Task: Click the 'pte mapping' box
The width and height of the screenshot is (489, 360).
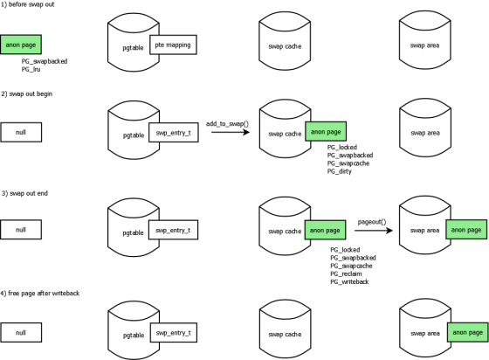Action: click(x=173, y=45)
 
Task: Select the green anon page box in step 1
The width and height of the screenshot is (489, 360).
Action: click(x=21, y=45)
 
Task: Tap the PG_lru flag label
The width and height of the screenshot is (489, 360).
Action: click(x=31, y=69)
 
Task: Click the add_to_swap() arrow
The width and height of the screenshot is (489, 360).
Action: click(x=231, y=132)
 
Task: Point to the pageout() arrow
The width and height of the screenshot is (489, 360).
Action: click(x=374, y=231)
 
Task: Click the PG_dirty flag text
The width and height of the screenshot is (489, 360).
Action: click(x=340, y=171)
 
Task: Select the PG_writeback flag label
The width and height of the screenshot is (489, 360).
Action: click(x=349, y=281)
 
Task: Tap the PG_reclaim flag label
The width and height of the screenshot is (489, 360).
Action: click(x=346, y=273)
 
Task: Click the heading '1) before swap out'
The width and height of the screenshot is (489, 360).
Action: click(x=27, y=4)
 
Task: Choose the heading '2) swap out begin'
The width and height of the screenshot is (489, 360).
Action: click(x=26, y=93)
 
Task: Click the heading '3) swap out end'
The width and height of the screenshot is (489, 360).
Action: click(x=24, y=193)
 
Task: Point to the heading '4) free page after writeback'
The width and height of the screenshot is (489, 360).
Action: click(x=40, y=294)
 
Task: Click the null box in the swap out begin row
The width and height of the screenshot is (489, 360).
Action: click(x=21, y=132)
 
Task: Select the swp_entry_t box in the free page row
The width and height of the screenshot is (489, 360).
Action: click(x=174, y=333)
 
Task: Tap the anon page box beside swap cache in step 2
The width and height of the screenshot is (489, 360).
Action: click(x=326, y=131)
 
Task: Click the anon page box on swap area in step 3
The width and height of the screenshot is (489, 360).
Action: click(x=466, y=230)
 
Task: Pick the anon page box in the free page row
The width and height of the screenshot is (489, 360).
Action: click(x=468, y=332)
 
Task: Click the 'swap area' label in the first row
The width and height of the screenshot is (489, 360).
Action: click(x=424, y=45)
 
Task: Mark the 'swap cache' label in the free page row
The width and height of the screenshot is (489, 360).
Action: click(x=285, y=335)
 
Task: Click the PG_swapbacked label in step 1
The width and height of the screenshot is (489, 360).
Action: click(x=45, y=61)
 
